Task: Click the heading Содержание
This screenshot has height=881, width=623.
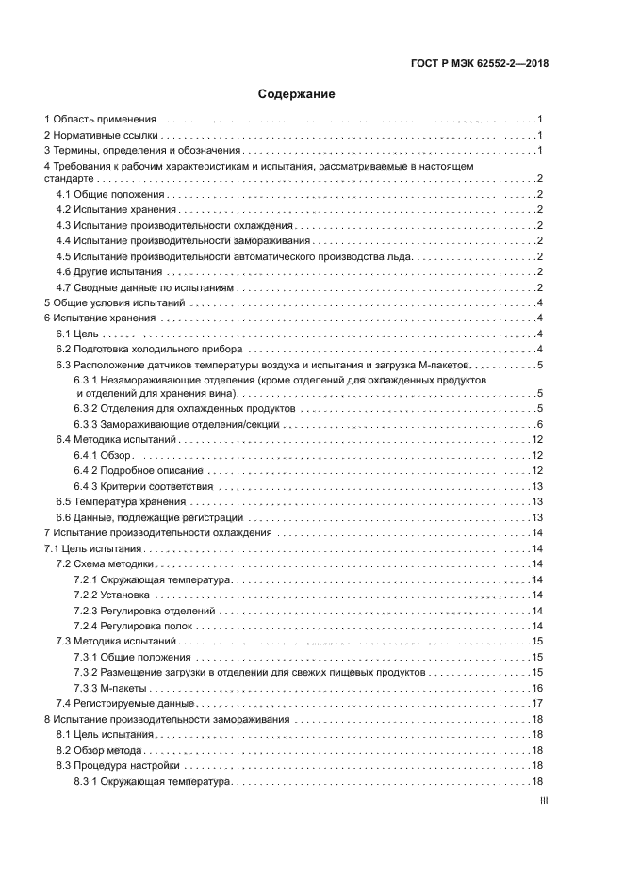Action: [296, 94]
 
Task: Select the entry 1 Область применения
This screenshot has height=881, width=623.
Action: [101, 120]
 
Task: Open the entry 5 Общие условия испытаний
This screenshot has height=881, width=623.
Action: [113, 302]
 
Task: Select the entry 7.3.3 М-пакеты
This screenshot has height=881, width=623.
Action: [107, 688]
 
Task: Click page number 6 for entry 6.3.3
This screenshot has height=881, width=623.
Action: [538, 425]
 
